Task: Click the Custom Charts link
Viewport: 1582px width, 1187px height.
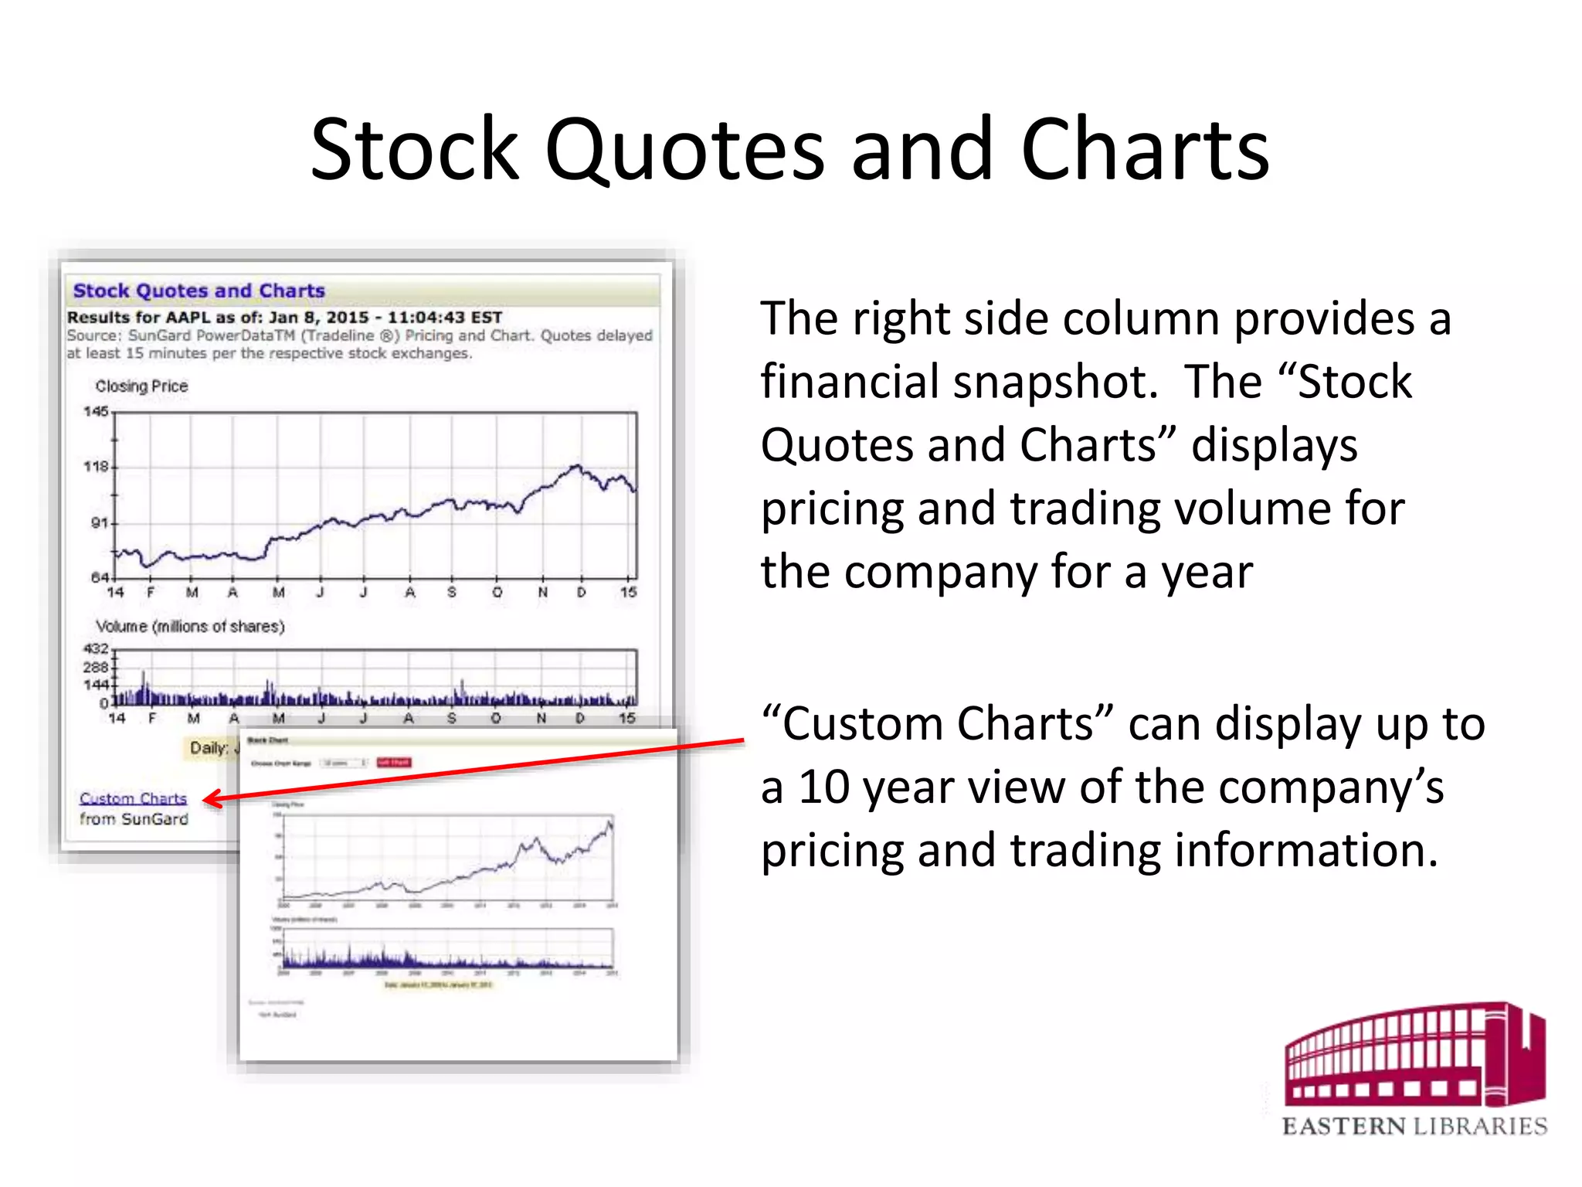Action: (133, 798)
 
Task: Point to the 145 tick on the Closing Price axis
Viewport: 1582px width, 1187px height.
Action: (97, 411)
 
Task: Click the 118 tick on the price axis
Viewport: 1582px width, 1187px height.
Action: (97, 467)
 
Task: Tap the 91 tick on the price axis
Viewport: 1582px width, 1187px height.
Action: (100, 523)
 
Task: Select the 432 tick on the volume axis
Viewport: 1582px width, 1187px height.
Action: (97, 648)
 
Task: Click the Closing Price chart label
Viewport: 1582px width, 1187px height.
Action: (141, 386)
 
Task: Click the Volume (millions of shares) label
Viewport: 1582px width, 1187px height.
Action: (190, 626)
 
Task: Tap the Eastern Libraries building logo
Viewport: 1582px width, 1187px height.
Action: (1414, 1056)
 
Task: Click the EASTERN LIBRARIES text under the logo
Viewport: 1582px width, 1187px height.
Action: (1414, 1126)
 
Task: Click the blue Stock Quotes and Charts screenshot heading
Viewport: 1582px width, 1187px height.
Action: (199, 291)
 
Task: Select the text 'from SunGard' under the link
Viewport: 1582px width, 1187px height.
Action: (134, 819)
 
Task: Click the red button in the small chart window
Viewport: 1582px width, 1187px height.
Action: (394, 763)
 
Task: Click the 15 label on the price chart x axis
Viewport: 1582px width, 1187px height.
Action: (628, 592)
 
